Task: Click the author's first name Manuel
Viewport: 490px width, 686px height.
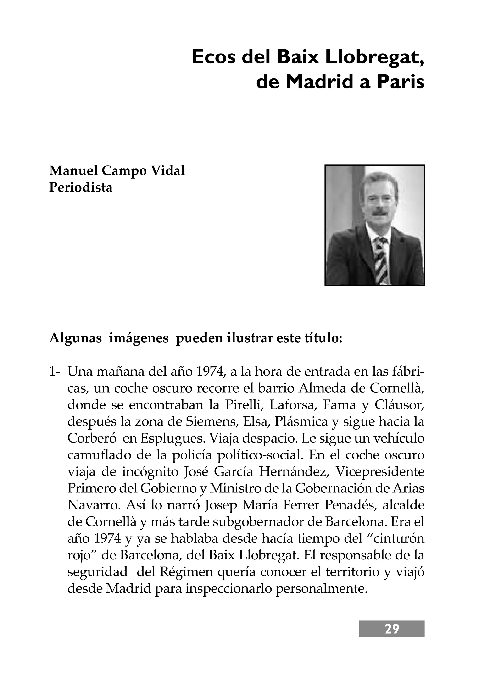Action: coord(73,171)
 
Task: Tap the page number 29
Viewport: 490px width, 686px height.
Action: coord(392,629)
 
